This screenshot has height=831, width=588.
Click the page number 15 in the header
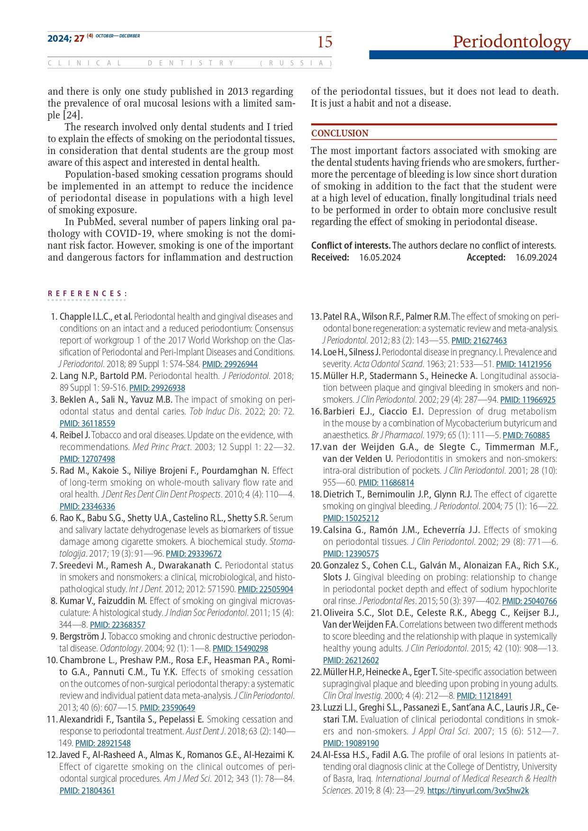[x=325, y=42]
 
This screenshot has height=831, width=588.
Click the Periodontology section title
[x=511, y=42]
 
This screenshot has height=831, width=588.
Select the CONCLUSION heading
[x=340, y=134]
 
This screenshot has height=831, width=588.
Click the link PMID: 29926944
[x=230, y=364]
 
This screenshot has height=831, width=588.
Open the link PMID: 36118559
[x=87, y=424]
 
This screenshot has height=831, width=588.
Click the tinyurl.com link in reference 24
[x=478, y=791]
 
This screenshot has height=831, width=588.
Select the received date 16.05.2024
[x=380, y=258]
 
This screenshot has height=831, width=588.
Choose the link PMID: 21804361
[x=87, y=791]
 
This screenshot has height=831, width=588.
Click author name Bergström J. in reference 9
[x=83, y=636]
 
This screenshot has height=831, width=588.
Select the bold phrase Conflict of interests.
[x=351, y=245]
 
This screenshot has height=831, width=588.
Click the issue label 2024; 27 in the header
[x=65, y=38]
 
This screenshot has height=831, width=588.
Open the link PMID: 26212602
[x=351, y=660]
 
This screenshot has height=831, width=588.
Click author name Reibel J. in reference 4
[x=75, y=435]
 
